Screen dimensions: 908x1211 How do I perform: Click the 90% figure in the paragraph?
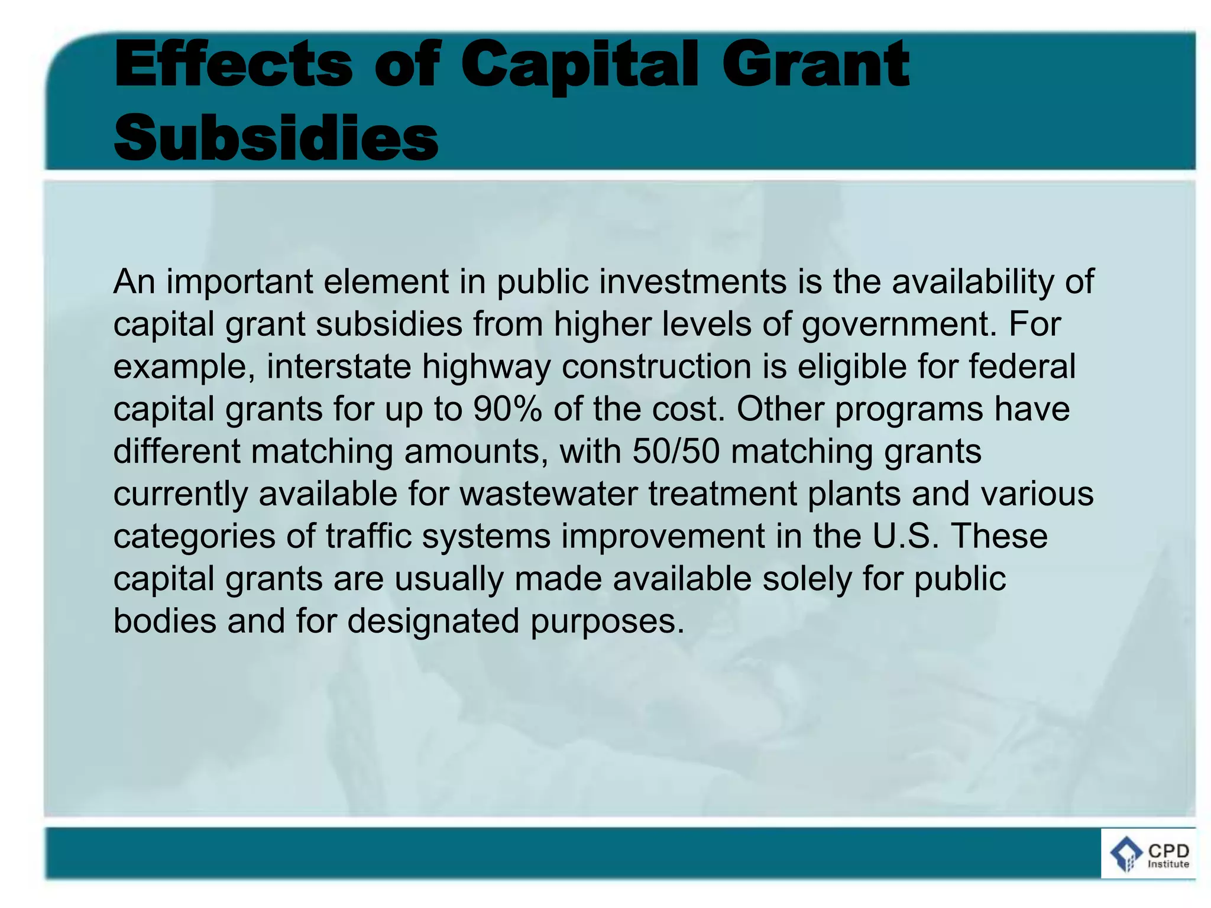point(507,409)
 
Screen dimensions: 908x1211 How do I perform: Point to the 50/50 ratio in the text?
point(676,452)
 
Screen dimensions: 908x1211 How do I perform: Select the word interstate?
point(339,367)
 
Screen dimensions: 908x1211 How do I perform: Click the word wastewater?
point(549,494)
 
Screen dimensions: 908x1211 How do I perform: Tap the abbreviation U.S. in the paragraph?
point(905,536)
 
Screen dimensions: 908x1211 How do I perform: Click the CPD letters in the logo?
point(1168,851)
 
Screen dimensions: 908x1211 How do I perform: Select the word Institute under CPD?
point(1168,864)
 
